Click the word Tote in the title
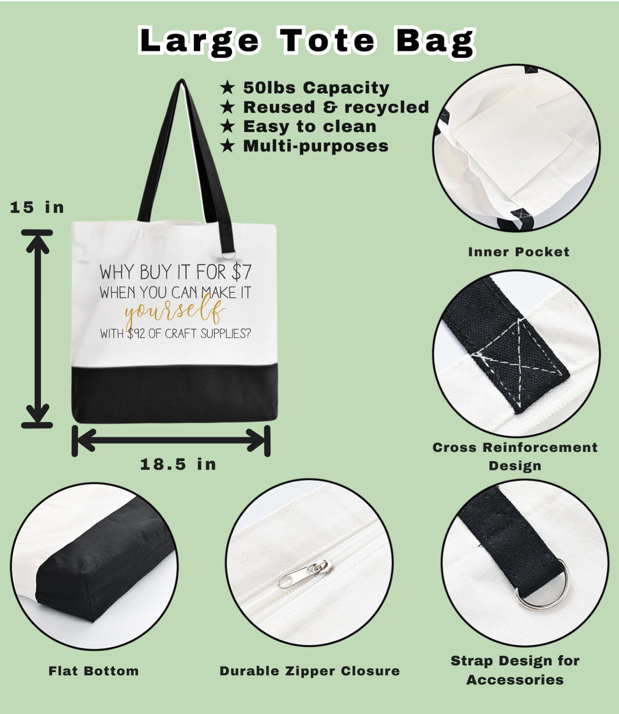(327, 40)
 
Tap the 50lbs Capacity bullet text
(316, 88)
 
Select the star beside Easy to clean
(228, 126)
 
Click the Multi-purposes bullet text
(315, 146)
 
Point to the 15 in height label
(37, 207)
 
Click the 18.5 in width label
(178, 464)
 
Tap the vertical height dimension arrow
(37, 329)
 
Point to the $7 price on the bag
(241, 273)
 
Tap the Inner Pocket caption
(519, 252)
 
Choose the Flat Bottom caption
(94, 671)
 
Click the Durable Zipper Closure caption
(310, 671)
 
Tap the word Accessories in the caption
(515, 680)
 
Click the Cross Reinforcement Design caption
(515, 456)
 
